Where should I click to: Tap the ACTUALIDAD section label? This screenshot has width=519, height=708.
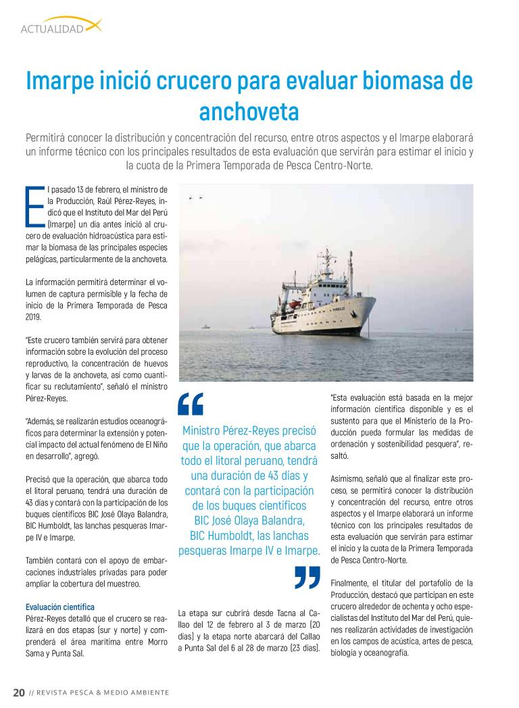point(52,29)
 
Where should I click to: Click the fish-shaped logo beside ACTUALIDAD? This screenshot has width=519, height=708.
point(93,26)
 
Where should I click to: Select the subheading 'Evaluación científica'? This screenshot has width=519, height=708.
point(59,607)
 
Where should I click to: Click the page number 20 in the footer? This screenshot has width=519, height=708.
point(19,692)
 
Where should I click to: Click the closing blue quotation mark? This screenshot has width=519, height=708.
point(307,577)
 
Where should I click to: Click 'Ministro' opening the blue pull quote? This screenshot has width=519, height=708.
point(205,430)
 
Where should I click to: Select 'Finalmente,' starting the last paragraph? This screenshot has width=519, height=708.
point(349,582)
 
